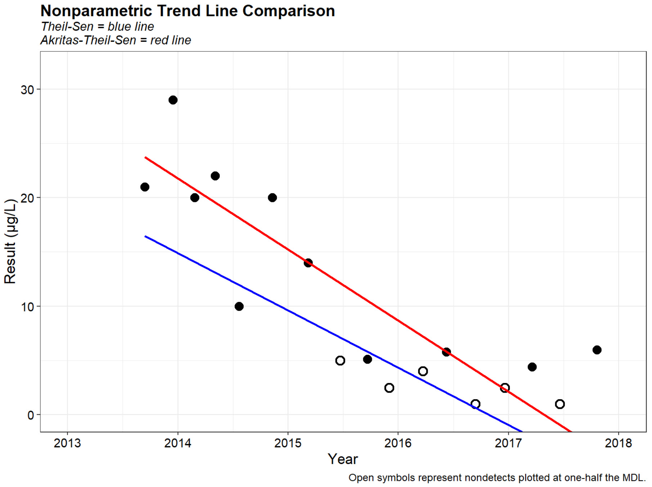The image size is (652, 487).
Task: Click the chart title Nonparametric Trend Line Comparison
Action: tap(188, 11)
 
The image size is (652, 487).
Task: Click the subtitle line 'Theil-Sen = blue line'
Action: tap(97, 27)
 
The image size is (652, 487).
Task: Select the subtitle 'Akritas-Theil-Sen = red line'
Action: tap(116, 40)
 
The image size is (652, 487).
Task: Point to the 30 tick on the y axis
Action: tap(27, 90)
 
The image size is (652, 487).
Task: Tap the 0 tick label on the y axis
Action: tap(31, 415)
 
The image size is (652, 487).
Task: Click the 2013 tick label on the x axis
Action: tap(67, 443)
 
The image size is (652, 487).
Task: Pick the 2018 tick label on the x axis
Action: tap(618, 443)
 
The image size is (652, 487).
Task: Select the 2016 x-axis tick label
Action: tap(398, 443)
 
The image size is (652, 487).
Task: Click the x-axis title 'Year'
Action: tap(343, 459)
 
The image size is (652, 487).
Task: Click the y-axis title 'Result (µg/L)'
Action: tap(10, 241)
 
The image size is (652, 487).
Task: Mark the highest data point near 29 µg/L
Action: tap(173, 100)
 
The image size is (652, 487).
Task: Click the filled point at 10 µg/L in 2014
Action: tap(239, 306)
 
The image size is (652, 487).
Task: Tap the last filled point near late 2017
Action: tap(597, 350)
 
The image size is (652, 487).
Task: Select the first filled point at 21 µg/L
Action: tap(145, 187)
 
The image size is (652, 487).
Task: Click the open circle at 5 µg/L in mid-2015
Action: tap(340, 360)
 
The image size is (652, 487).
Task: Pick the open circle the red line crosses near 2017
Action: tap(505, 388)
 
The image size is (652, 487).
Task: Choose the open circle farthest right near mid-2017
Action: tap(560, 404)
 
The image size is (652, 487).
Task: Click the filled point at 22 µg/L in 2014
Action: tap(215, 176)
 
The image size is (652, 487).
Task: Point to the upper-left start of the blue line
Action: tap(145, 236)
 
